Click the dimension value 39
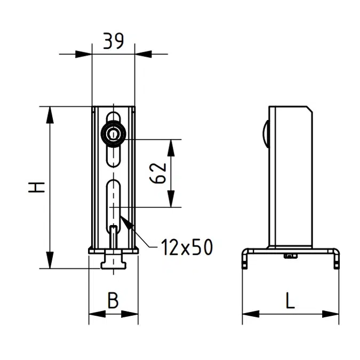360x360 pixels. tap(113, 41)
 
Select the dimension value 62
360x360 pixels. tap(159, 173)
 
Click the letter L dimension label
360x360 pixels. tap(290, 301)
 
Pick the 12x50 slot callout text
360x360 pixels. tap(187, 247)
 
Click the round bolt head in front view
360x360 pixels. tap(113, 134)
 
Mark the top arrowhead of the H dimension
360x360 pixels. tap(50, 114)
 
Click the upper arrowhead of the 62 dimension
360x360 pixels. tap(171, 147)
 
